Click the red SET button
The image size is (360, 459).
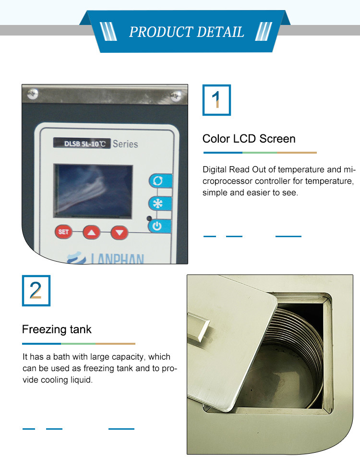[63, 232]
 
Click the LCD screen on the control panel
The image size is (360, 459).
[93, 191]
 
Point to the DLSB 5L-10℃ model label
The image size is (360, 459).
[82, 144]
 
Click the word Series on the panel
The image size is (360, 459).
[125, 144]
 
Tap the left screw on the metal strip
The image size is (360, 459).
[33, 94]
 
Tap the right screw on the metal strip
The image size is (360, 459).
[176, 96]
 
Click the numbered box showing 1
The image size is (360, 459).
[216, 100]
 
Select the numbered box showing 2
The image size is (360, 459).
[36, 290]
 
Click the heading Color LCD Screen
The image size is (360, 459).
[249, 139]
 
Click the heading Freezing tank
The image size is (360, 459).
[57, 330]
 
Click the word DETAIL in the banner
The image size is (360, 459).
[220, 32]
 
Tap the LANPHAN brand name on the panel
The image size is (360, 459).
[117, 258]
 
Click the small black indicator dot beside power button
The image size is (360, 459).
[149, 218]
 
